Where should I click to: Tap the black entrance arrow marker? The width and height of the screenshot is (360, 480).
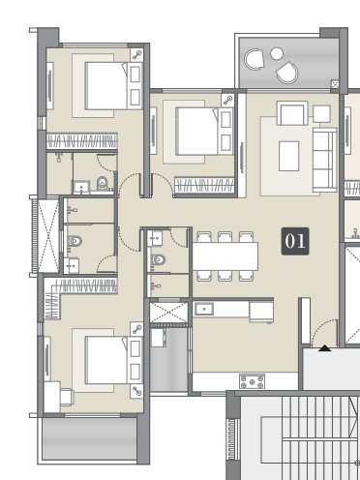tap(325, 346)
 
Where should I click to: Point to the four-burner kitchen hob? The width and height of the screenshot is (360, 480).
tap(254, 381)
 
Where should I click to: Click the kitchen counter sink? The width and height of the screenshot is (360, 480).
tap(203, 310)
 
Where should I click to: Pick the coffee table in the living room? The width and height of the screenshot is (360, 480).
tap(288, 155)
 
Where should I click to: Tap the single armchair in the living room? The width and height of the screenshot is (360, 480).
tap(291, 113)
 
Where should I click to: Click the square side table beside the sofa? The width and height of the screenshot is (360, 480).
tap(321, 113)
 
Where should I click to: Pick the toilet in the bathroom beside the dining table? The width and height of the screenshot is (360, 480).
tap(158, 258)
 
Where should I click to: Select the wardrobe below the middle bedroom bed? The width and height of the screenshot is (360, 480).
tap(202, 182)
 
